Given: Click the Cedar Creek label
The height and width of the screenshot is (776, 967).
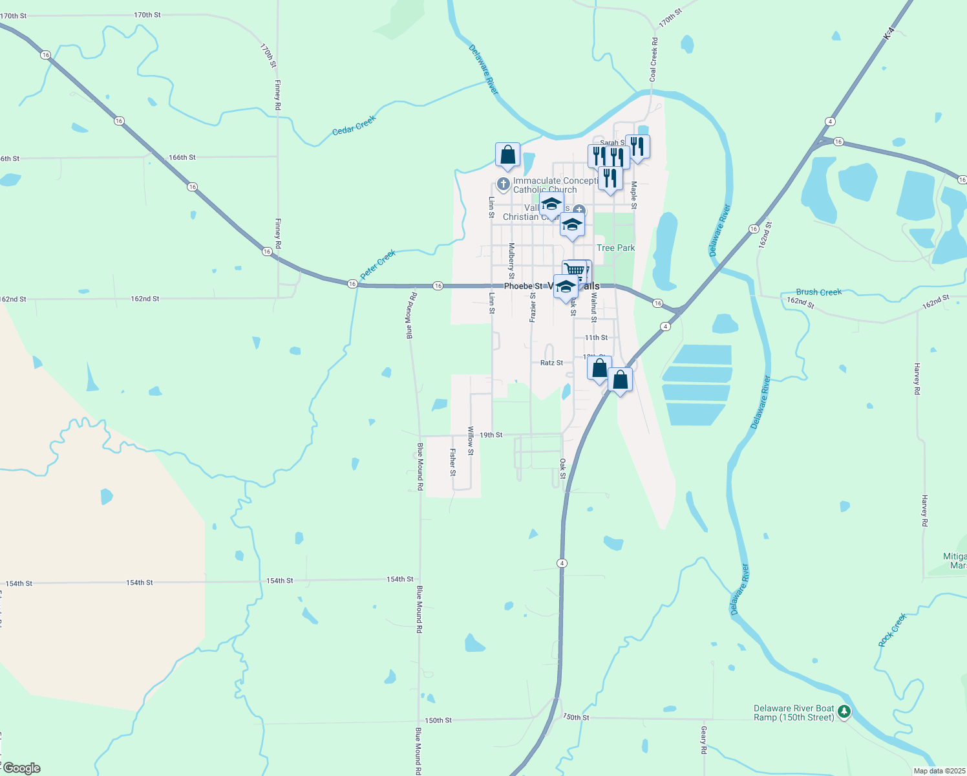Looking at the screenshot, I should point(354,125).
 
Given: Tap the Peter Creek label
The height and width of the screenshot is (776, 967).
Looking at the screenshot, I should point(377,265).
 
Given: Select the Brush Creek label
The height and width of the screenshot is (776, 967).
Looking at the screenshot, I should point(819,292).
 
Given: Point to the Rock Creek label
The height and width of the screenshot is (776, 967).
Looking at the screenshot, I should point(893,630).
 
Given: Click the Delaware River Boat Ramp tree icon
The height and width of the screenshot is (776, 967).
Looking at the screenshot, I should point(844,712).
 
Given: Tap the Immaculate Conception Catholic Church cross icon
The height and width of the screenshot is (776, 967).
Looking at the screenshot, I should point(504,184).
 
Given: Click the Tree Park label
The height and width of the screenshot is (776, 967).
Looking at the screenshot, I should point(615,248).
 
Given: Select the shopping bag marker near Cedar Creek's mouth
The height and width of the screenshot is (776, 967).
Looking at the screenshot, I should point(508,155).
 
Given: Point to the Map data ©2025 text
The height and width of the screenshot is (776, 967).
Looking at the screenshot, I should point(939,771).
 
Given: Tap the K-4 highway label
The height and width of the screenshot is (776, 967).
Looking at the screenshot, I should point(889,33).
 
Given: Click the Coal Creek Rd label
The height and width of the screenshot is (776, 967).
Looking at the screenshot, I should point(654,59).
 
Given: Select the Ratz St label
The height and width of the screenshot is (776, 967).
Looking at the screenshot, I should point(551,363).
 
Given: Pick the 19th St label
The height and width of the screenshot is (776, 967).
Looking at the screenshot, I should point(491,435).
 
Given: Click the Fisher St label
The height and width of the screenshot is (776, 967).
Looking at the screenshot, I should point(452,462).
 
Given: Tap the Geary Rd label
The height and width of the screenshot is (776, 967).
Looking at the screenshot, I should point(704,740).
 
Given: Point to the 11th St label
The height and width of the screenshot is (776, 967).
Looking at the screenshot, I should point(596,338).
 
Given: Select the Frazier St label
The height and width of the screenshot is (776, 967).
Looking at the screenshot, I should point(533,307).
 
